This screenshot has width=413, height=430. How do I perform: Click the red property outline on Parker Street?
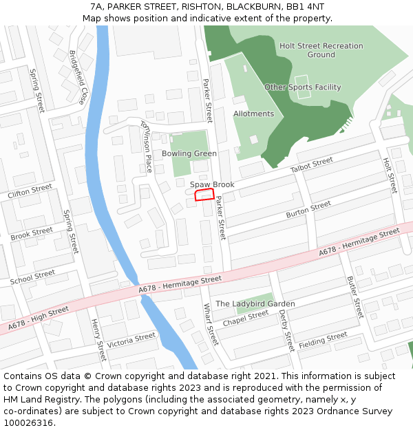204,195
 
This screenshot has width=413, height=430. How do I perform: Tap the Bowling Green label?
189,153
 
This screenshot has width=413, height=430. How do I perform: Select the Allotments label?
253,114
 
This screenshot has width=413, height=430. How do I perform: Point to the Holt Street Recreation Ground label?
321,50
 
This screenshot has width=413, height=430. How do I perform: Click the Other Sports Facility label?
302,87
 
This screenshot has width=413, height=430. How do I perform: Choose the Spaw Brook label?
213,184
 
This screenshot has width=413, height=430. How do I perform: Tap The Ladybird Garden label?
255,303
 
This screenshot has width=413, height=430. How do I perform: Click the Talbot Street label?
311,165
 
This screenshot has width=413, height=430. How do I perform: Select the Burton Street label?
308,211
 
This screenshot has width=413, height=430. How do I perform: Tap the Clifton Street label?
30,191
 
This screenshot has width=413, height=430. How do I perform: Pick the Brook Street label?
32,234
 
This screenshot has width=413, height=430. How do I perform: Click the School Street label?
32,277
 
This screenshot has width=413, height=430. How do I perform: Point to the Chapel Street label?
246,318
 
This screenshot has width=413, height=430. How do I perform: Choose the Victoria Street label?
131,340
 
